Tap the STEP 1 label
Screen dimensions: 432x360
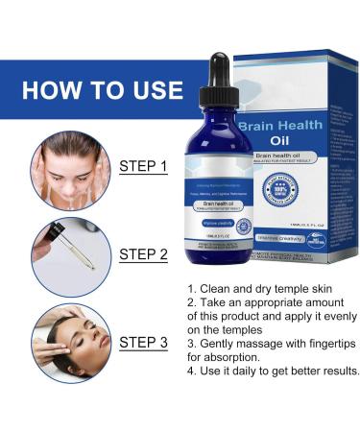coord(144,166)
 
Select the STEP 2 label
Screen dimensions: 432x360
coord(144,254)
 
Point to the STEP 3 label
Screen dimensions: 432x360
coord(144,343)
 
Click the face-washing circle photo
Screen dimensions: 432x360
coord(64,169)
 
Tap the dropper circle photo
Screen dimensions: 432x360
coord(64,256)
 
